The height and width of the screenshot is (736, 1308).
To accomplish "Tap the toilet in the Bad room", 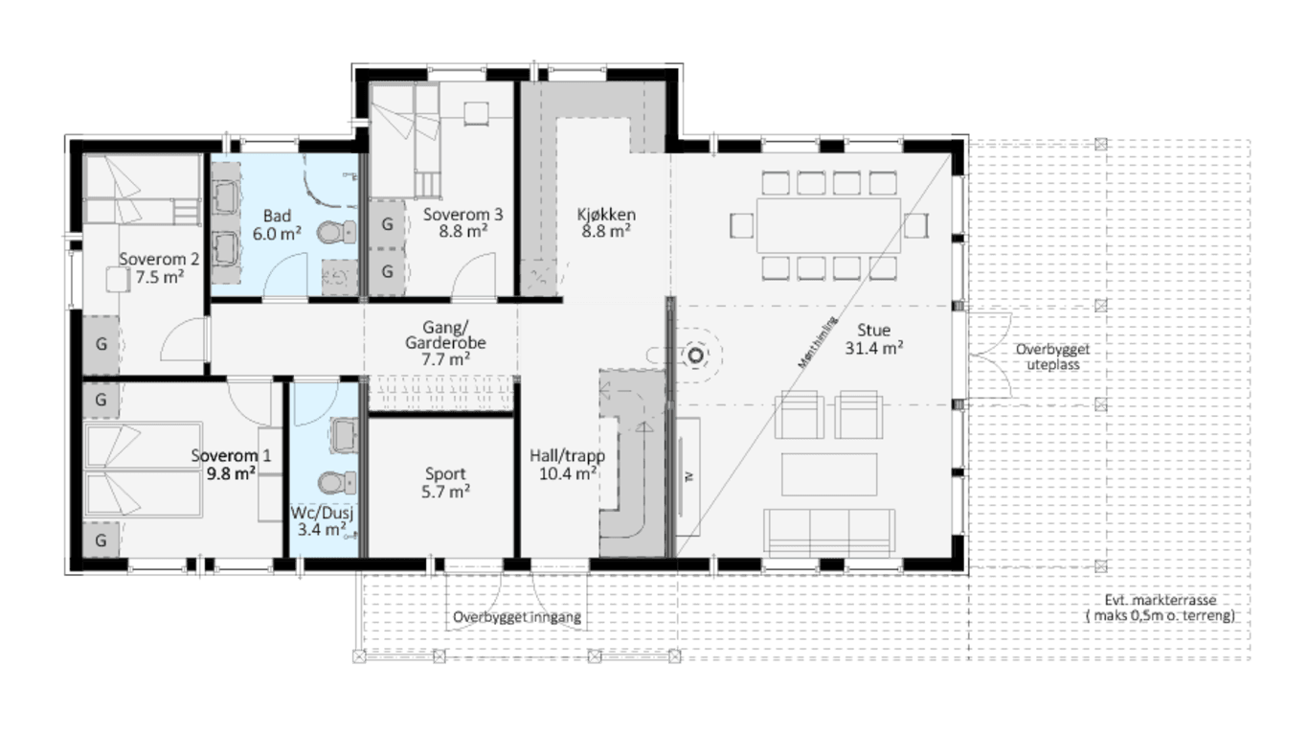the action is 337,232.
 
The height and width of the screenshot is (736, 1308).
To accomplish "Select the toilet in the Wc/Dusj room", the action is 337,483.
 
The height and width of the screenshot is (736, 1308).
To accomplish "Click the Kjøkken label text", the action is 606,215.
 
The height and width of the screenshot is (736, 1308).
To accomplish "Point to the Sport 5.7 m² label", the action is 445,482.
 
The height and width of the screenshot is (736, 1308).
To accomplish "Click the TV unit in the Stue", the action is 688,476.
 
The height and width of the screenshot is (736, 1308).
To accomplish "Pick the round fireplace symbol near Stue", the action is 695,355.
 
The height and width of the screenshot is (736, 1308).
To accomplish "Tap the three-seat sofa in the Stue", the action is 829,532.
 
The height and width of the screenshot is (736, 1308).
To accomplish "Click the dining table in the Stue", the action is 828,225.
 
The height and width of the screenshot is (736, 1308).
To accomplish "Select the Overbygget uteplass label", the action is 1053,356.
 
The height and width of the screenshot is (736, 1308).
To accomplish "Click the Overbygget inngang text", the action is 517,617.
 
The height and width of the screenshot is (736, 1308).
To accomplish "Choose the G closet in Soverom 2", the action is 101,344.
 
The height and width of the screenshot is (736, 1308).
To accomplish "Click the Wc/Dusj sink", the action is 344,435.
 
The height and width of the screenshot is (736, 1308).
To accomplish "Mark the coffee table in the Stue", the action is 829,474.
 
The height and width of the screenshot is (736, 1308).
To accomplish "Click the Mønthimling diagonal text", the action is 818,342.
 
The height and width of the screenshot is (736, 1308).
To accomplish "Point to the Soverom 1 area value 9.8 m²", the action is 231,472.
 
